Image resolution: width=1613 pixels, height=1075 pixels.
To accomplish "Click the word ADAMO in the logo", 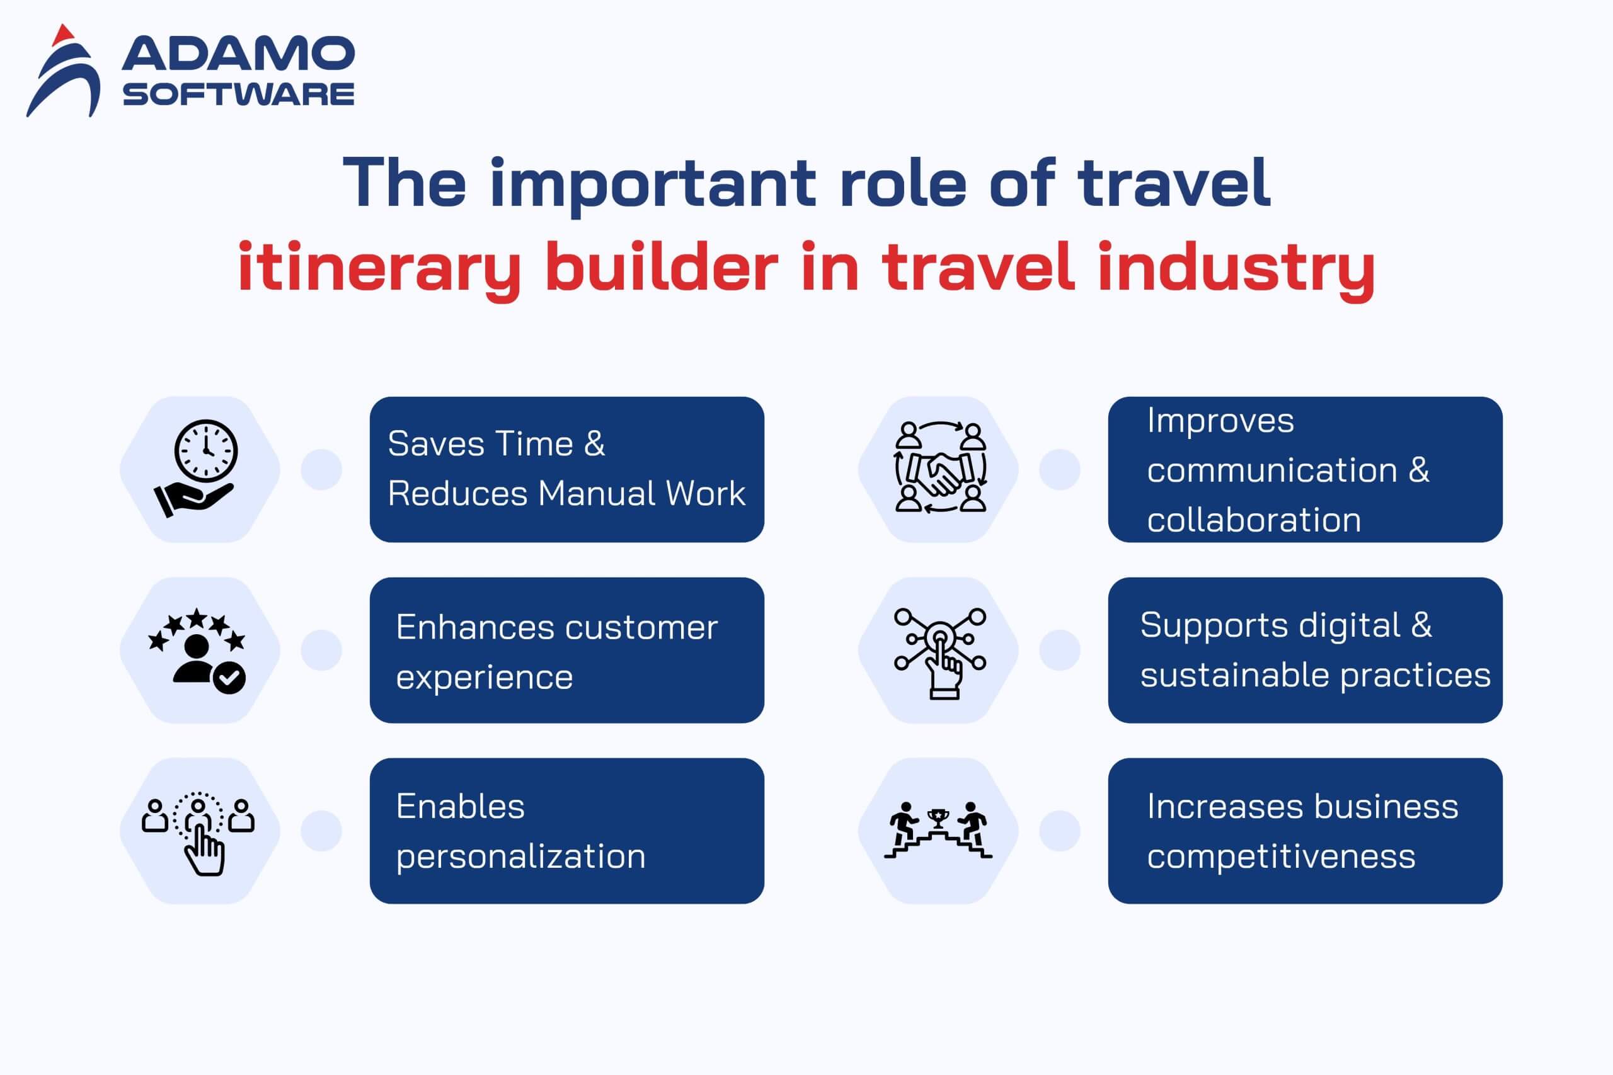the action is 238,54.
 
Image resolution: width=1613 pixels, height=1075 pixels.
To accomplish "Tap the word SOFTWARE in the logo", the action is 239,94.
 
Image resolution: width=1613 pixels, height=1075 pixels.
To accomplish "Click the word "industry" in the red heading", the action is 1236,269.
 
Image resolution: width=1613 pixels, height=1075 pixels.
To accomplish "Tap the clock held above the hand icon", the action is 206,452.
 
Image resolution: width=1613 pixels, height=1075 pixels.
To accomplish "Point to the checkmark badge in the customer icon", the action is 230,678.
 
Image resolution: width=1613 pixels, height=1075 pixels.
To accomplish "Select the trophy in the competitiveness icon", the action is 938,818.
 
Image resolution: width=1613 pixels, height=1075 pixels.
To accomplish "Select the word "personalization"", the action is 520,857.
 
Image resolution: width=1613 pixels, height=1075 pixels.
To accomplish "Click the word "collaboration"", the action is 1254,520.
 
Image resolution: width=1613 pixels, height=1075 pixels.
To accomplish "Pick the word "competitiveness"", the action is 1281,857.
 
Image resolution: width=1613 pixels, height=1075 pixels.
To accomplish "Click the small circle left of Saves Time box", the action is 321,470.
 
